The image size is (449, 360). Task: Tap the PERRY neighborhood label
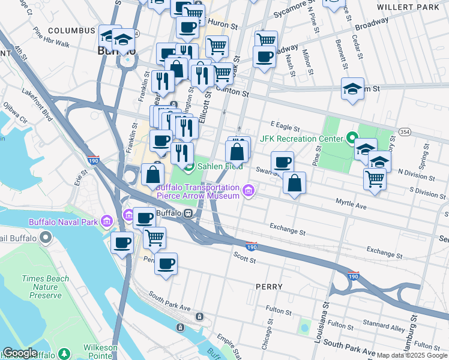tap(269, 287)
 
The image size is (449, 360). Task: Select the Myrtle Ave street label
tap(351, 205)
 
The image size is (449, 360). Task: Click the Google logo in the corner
tap(20, 353)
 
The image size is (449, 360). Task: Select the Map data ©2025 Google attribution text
tap(412, 355)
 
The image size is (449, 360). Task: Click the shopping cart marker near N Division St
tap(375, 178)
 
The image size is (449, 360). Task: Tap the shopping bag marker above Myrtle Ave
tap(294, 184)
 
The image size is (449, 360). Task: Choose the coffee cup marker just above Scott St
tap(166, 263)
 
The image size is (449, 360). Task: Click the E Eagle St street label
tap(285, 126)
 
